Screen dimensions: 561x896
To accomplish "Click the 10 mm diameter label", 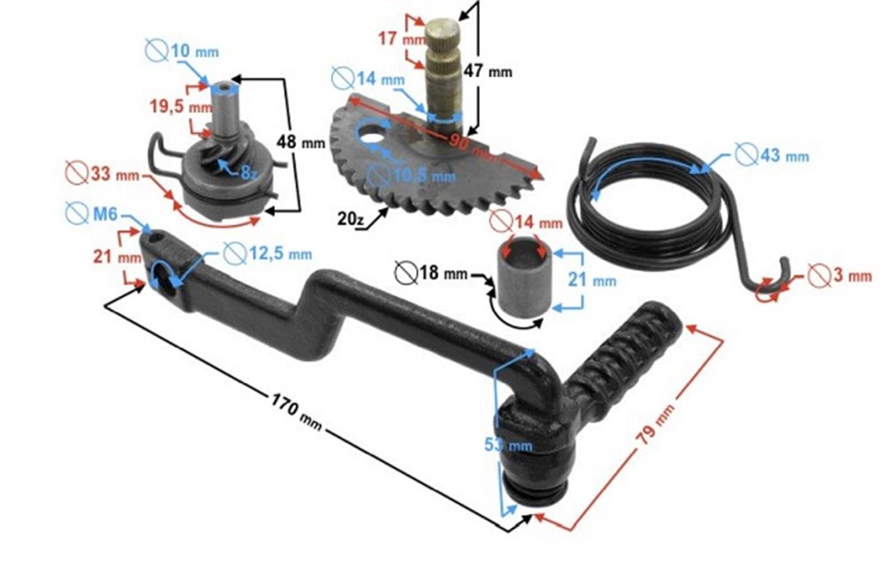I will coord(193,52).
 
